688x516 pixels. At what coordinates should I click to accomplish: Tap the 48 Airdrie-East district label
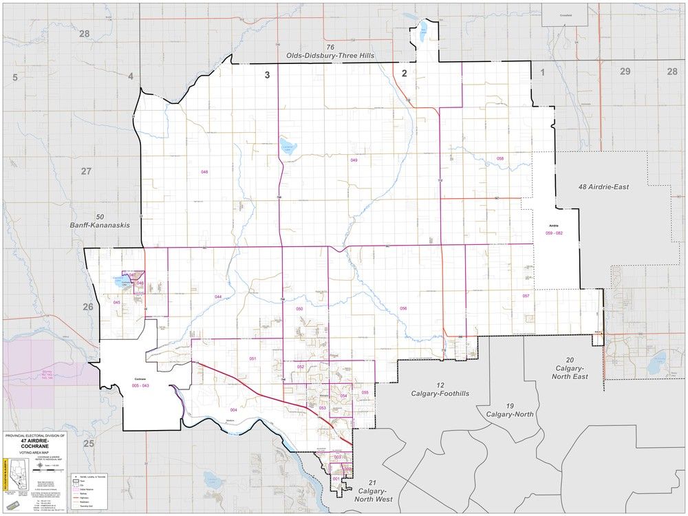click(x=613, y=186)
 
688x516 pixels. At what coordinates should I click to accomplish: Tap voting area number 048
click(x=204, y=171)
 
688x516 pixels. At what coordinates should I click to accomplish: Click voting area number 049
click(x=354, y=160)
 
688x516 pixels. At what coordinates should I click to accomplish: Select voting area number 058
click(x=500, y=159)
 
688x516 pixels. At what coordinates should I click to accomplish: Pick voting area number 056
click(x=403, y=308)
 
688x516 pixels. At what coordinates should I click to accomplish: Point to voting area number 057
click(x=526, y=296)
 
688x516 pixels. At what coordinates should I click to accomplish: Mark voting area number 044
click(x=217, y=297)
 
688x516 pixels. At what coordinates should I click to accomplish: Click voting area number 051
click(x=252, y=359)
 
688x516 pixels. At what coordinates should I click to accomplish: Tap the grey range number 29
click(x=625, y=72)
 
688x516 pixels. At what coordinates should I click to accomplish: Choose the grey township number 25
click(x=88, y=444)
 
